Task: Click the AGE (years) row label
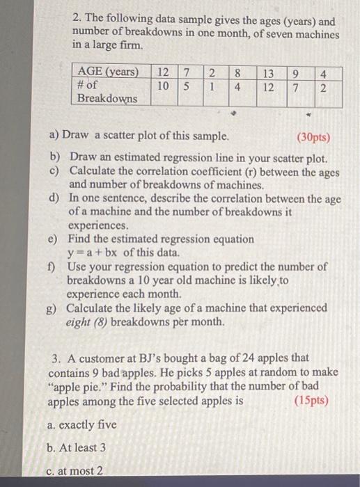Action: click(109, 72)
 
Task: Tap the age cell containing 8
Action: click(237, 72)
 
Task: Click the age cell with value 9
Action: click(297, 72)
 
